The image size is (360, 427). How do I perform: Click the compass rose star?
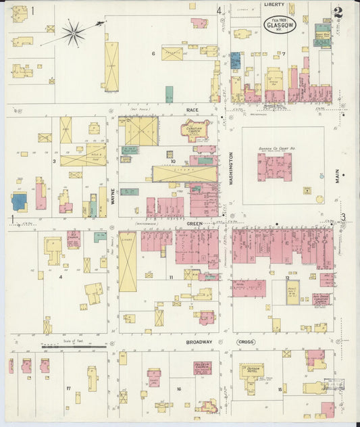tap(73, 32)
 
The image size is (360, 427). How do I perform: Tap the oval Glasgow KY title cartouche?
tap(279, 26)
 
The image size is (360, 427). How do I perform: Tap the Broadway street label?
tap(199, 342)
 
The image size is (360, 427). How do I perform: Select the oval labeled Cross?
tap(245, 343)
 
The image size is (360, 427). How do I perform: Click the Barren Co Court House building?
tap(274, 166)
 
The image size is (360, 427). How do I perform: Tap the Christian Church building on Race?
tap(195, 130)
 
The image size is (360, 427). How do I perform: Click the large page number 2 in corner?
tap(337, 12)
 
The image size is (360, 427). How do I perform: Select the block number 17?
tap(69, 388)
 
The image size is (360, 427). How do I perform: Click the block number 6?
tap(153, 53)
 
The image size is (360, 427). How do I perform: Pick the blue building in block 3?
tap(19, 201)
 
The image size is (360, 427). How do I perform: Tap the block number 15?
tap(280, 389)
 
